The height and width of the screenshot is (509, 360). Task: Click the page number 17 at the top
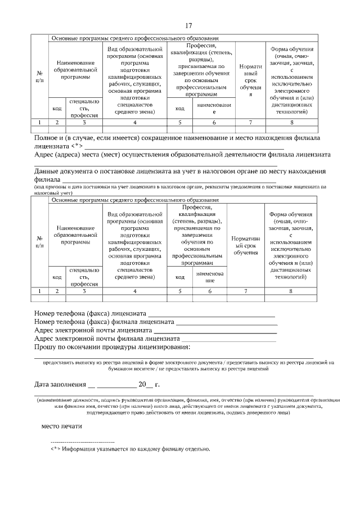[189, 26]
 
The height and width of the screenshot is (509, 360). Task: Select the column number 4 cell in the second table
[135, 291]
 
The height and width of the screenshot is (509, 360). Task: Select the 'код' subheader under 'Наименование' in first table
[57, 108]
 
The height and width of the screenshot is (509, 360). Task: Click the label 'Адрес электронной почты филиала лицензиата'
[106, 339]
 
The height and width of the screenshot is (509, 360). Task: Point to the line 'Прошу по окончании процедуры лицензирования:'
[112, 348]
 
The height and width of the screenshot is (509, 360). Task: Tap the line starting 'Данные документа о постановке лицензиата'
[180, 171]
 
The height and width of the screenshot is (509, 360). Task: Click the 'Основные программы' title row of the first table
[135, 38]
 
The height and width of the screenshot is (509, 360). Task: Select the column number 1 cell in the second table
[39, 291]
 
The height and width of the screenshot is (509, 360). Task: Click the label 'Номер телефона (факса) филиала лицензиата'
[104, 322]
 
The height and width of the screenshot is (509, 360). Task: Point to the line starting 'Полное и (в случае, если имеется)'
[177, 138]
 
